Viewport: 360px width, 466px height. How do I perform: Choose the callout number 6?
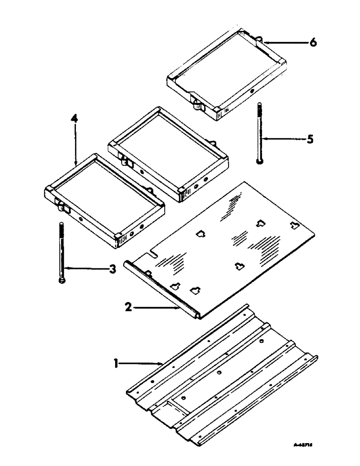tap(313, 43)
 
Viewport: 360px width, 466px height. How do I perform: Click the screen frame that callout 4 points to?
tap(105, 196)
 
